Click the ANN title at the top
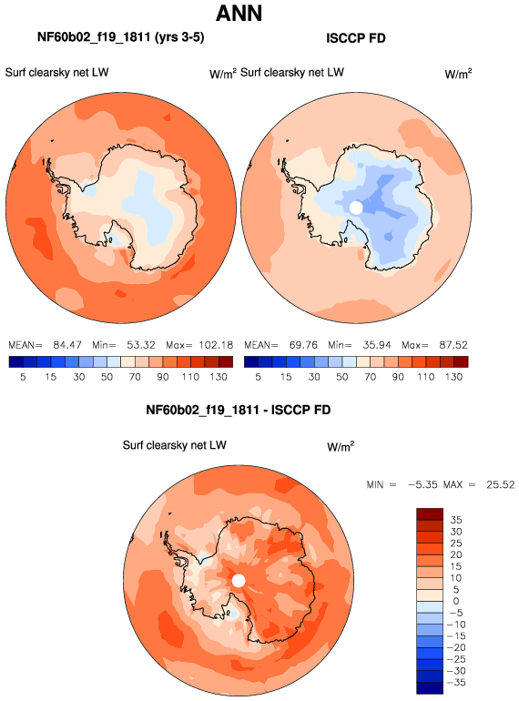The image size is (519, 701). [239, 13]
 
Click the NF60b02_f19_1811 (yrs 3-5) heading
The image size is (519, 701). [121, 37]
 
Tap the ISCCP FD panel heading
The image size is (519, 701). [356, 38]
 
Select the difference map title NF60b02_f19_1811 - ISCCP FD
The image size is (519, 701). [239, 410]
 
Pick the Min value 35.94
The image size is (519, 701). [376, 345]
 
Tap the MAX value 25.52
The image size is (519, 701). [501, 484]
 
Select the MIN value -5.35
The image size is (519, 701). [422, 484]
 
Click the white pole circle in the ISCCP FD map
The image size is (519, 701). [356, 208]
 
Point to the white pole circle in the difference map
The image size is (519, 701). [239, 581]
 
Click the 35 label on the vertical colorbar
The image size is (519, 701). [456, 520]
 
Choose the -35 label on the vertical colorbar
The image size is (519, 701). [456, 683]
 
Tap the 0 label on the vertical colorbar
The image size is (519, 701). [456, 601]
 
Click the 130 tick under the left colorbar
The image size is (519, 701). [219, 377]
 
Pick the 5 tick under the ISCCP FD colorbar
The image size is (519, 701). [258, 377]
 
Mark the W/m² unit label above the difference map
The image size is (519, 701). [341, 447]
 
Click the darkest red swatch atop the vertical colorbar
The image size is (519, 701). [430, 513]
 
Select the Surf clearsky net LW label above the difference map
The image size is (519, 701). [174, 445]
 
